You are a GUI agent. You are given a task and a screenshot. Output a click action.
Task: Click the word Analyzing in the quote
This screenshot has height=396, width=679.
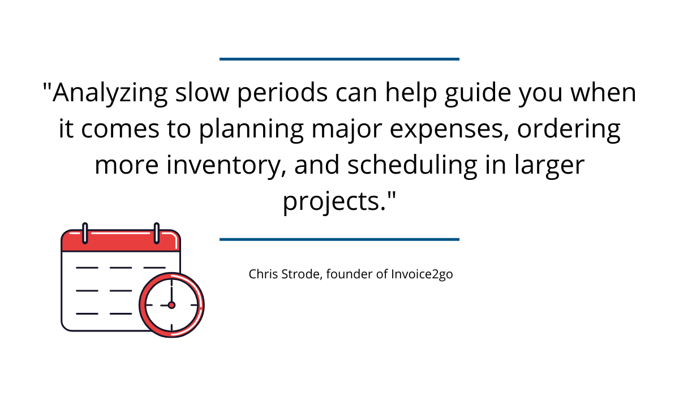coord(110,93)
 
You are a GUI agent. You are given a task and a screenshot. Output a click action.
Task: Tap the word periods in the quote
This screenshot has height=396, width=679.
coord(282,93)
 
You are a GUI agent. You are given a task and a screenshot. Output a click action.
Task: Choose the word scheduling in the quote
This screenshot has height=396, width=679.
coord(412,165)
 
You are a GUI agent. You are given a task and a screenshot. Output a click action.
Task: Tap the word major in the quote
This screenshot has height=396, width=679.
coord(347,130)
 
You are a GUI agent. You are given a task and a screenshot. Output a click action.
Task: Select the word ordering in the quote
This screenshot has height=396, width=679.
coord(569,130)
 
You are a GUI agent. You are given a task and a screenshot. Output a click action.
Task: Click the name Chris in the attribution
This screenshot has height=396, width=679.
coord(263,274)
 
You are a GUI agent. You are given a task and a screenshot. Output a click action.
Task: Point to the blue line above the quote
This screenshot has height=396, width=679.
coord(339,59)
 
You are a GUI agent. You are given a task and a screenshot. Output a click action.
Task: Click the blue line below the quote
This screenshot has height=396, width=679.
coord(339,239)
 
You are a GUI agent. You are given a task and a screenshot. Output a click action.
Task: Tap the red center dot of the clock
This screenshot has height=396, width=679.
coord(171,305)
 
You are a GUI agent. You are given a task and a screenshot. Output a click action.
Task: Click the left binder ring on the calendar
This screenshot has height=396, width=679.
coord(85,233)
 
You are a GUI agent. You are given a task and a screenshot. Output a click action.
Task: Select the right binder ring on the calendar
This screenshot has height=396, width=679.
coord(157,233)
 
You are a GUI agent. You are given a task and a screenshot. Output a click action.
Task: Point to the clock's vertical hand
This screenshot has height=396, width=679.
coord(171,291)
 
